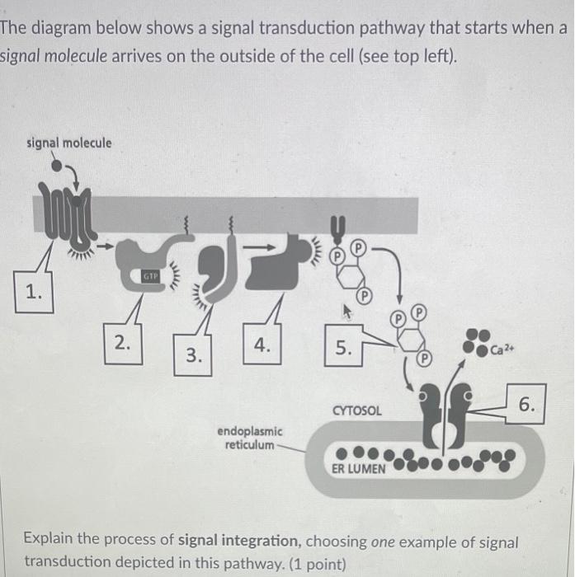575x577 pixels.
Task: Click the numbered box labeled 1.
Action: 32,293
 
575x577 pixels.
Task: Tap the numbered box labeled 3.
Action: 192,356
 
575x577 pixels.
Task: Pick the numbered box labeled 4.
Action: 262,346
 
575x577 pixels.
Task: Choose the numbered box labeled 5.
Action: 342,348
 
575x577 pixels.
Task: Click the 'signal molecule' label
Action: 69,143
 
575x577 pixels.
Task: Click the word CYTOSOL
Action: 356,410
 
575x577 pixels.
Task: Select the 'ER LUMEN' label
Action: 357,467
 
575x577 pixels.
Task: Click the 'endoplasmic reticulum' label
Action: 250,438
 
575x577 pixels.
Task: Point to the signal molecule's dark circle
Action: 56,164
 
